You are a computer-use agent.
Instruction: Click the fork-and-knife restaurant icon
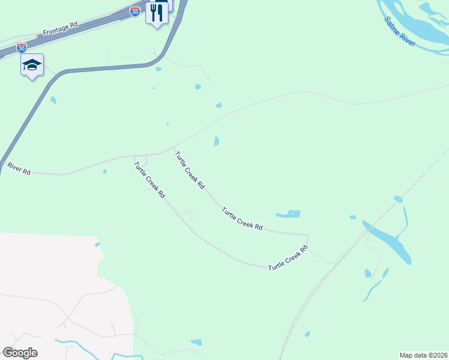coord(157,13)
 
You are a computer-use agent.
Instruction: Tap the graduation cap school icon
coord(32,65)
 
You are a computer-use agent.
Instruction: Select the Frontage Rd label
coord(61,28)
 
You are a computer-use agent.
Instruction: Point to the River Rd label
coord(19,168)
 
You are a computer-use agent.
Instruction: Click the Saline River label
coord(400,32)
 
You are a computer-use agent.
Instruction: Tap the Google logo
coord(20,352)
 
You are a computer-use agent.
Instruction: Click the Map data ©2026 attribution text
coord(423,355)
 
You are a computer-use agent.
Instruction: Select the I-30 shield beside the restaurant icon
coord(135,11)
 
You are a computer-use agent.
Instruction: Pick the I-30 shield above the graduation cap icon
coord(22,47)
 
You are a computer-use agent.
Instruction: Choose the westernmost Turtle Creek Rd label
coord(149,180)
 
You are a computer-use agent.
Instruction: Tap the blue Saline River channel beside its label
coord(414,24)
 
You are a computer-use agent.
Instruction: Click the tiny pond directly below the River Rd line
coord(104,172)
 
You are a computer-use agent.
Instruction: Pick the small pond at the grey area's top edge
coord(97,244)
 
